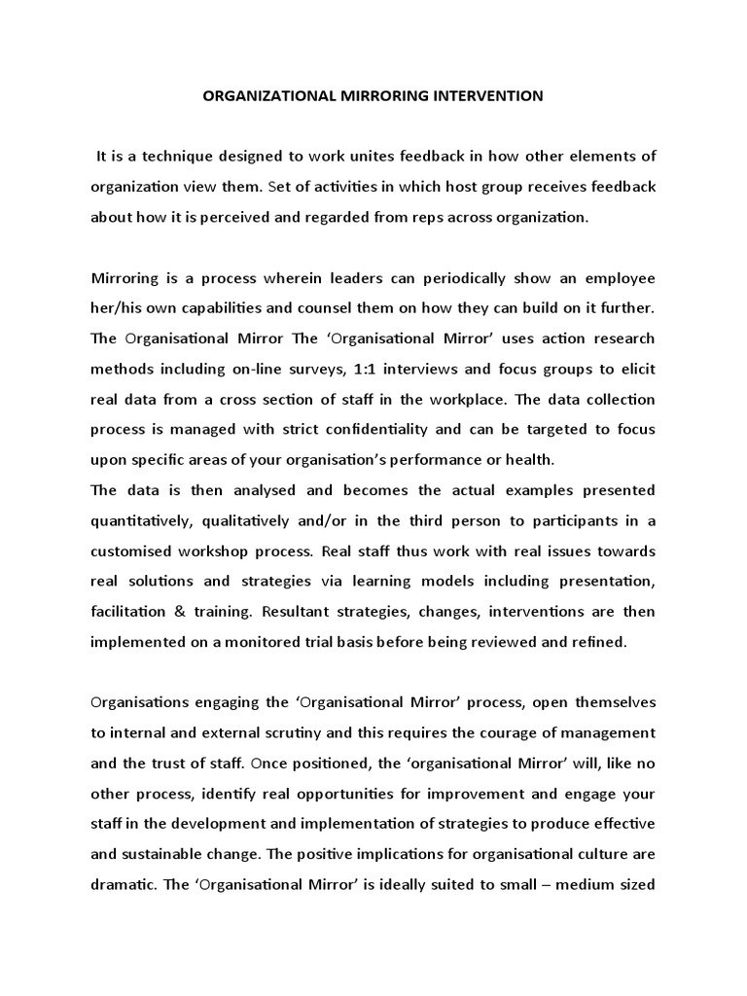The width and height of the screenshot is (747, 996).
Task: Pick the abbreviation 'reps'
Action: coord(434,218)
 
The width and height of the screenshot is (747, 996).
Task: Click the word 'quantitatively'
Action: coord(136,519)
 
